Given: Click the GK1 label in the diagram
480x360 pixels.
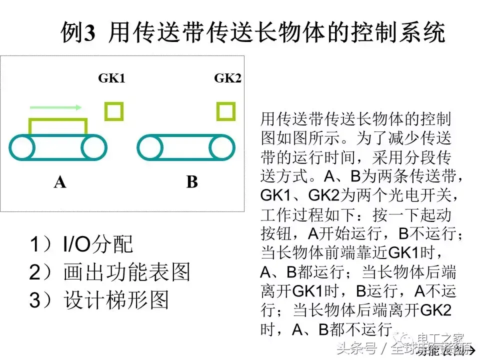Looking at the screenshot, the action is click(111, 78).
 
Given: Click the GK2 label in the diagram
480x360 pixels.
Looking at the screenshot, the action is click(227, 78).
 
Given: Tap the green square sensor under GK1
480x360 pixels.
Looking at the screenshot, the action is click(114, 111).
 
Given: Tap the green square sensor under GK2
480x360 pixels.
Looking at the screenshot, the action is click(226, 111).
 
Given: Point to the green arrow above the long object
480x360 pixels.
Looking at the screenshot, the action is click(55, 107).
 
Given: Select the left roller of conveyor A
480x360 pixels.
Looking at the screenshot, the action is click(22, 147).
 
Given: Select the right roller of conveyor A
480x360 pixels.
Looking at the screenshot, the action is click(94, 147).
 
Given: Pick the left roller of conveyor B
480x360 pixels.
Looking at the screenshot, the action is click(150, 147).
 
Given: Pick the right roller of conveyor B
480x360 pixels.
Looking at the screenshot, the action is click(222, 147).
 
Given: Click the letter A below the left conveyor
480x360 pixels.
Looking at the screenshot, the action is click(60, 182).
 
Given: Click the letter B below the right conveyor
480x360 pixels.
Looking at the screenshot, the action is click(192, 182).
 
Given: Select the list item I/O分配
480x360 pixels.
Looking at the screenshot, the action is click(98, 244).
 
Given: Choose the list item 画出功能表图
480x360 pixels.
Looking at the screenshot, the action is click(127, 272).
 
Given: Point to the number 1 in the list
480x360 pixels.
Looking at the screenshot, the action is click(35, 244).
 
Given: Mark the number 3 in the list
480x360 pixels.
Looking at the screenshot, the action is click(35, 300).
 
